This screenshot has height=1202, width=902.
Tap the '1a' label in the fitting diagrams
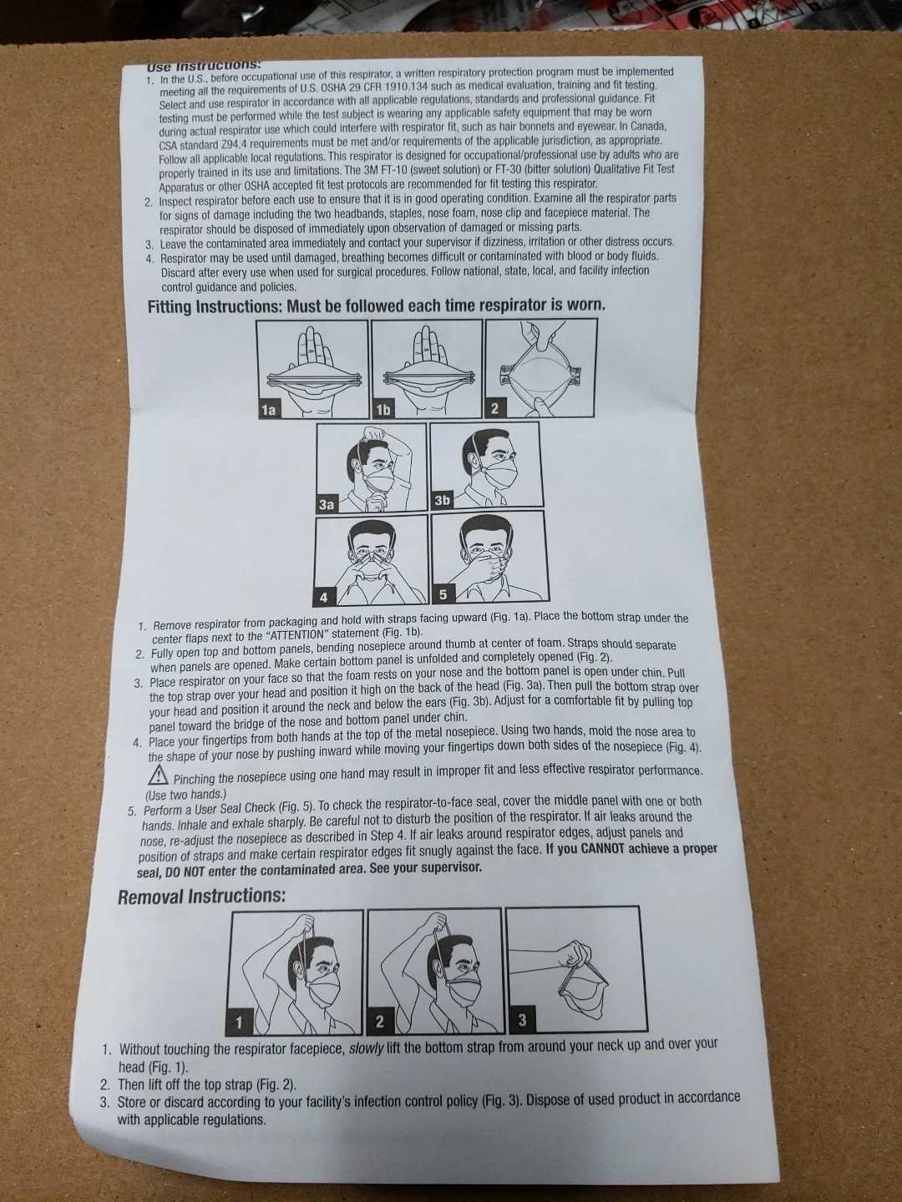tap(268, 410)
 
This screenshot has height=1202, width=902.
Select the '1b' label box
tap(383, 410)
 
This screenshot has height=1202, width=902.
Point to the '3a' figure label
tap(327, 504)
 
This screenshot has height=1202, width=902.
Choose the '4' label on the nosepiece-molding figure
tap(324, 598)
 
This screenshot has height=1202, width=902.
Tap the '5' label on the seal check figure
tap(443, 594)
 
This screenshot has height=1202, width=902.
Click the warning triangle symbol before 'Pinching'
tap(158, 775)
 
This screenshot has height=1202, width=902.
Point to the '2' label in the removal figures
tap(379, 1022)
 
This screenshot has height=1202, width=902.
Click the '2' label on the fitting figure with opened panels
tap(494, 408)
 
